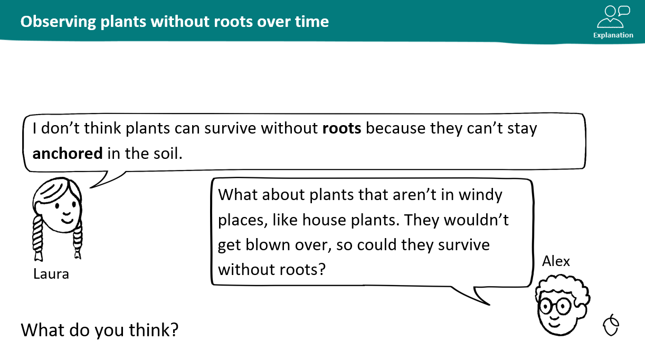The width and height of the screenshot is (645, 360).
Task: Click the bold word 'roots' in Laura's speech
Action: [x=342, y=128]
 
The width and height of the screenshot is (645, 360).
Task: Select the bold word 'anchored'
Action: [x=68, y=153]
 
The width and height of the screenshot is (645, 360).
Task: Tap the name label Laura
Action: [x=51, y=274]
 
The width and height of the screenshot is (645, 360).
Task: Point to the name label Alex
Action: [x=556, y=261]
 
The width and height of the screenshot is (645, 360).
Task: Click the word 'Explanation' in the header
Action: [x=613, y=35]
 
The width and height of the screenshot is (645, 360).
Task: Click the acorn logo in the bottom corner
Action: [x=611, y=325]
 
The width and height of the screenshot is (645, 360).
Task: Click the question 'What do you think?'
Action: [x=100, y=330]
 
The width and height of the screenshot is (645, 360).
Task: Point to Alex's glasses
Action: [x=555, y=306]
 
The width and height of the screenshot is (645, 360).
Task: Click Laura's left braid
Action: [x=37, y=238]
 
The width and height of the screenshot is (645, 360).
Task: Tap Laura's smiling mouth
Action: [x=67, y=221]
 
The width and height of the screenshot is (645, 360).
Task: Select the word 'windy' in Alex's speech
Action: [x=480, y=195]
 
